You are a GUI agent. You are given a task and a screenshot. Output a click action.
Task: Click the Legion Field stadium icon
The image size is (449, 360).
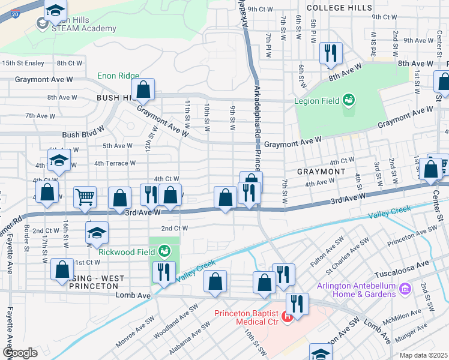[349, 101]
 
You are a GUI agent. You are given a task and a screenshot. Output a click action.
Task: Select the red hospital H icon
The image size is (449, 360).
[289, 316]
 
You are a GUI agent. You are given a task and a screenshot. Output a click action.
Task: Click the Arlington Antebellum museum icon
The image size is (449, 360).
[405, 289]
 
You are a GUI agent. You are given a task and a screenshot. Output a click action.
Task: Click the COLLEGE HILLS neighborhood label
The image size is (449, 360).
[335, 8]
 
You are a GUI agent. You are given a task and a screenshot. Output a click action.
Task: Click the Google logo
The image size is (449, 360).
[19, 353]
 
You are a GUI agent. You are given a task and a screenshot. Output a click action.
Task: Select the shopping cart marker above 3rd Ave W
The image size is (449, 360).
[85, 196]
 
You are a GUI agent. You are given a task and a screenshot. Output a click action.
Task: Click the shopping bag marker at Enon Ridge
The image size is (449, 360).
[143, 90]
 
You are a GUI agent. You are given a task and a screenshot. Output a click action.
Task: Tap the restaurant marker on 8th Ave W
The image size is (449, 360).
[331, 53]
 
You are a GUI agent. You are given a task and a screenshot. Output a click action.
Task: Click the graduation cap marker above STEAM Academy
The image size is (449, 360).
[55, 10]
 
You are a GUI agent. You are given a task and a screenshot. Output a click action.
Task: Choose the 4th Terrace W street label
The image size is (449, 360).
[117, 163]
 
